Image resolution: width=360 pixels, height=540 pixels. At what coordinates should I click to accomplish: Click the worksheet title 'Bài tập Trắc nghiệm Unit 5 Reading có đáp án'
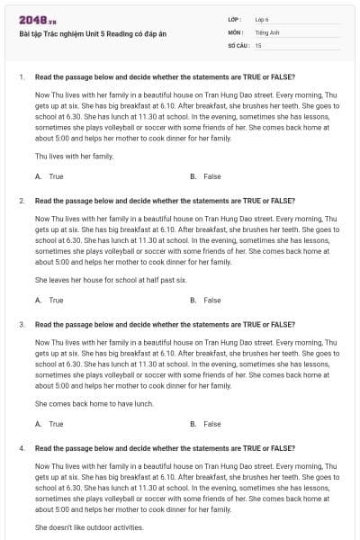93,34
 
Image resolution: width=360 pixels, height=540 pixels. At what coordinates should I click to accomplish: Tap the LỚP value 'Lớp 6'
262,19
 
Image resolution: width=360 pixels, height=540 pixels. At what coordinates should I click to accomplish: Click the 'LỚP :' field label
235,19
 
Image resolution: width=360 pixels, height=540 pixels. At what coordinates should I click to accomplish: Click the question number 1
21,76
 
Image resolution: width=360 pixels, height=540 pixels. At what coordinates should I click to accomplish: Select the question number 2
21,200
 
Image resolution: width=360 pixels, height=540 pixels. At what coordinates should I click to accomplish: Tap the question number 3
21,323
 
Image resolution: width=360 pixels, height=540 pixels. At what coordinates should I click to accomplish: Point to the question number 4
21,447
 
